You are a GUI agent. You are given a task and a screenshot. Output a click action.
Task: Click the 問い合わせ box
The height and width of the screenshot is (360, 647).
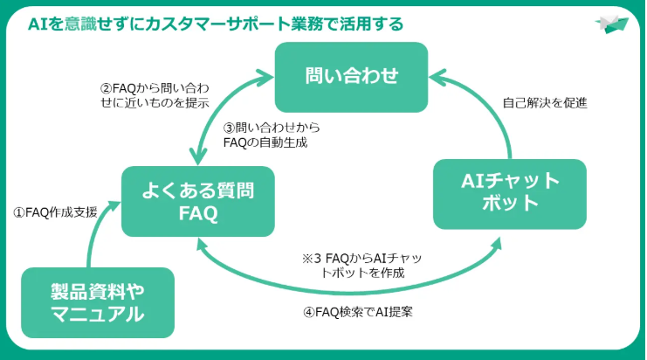[x=351, y=75]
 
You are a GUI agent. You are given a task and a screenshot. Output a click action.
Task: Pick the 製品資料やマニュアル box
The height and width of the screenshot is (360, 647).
[x=97, y=302]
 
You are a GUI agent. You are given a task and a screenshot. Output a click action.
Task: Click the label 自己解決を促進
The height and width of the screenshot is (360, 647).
[x=545, y=102]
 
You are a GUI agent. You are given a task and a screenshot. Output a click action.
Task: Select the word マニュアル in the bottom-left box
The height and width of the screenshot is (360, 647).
[x=97, y=315]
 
